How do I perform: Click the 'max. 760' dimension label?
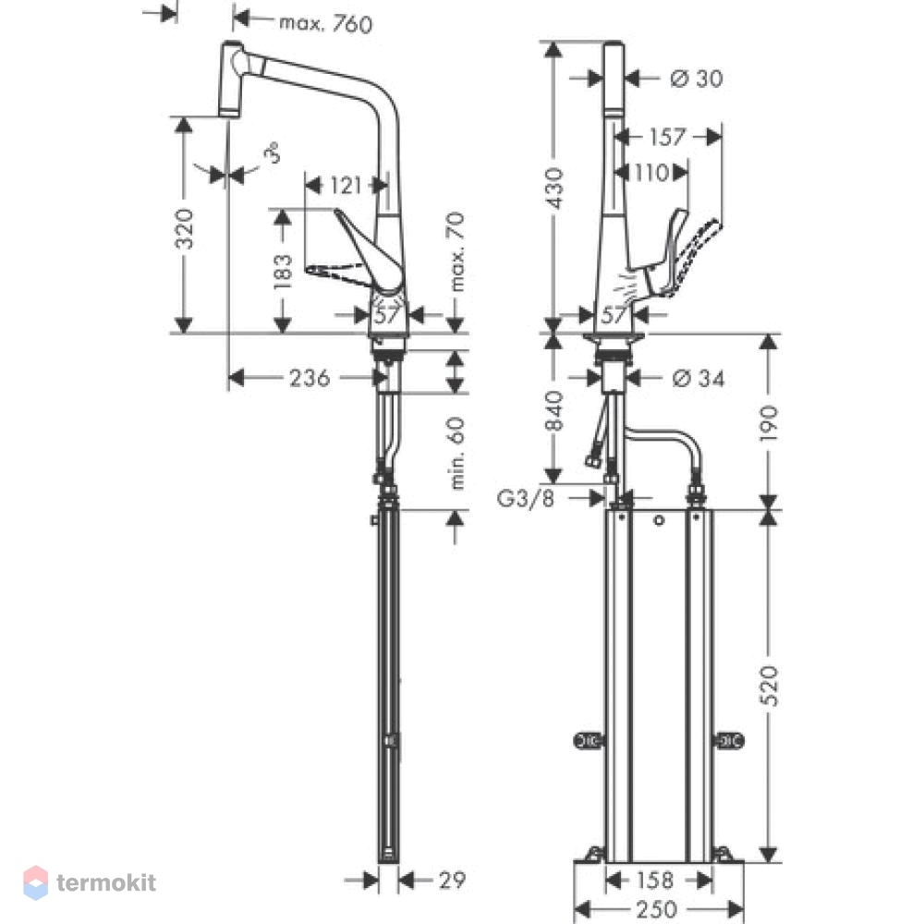point(326,24)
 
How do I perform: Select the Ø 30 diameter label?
point(697,79)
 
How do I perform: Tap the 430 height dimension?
point(553,188)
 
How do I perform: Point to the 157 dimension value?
point(667,138)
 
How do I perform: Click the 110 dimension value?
point(651,173)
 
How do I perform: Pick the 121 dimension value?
point(345,186)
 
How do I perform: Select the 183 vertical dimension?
point(283,271)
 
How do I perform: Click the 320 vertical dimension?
point(185,228)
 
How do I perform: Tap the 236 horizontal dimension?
point(310,378)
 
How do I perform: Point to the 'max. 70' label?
point(456,251)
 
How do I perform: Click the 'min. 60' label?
point(456,453)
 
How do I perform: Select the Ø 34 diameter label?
point(699,378)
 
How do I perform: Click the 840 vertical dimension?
point(553,411)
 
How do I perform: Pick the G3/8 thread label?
point(526,499)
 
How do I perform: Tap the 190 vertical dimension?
point(769,423)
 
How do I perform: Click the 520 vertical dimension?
point(769,686)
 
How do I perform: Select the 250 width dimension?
point(656,910)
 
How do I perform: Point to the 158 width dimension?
point(655,881)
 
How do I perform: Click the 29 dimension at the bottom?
point(452,881)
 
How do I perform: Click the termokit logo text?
point(106,882)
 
